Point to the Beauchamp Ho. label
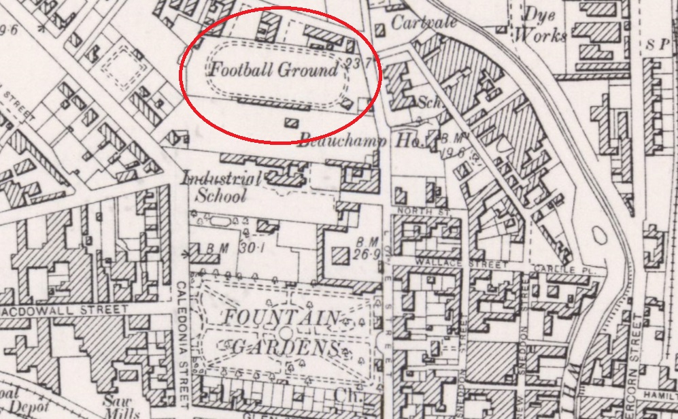362,141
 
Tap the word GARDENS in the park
285,348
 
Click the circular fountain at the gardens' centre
286,333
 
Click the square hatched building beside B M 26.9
338,258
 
